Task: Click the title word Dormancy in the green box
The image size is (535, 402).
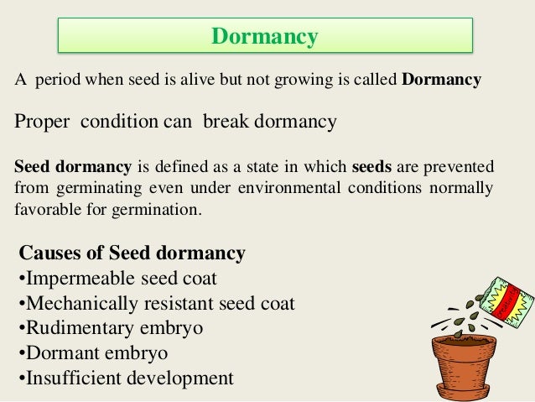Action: point(265,37)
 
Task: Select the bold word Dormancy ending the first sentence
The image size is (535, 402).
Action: point(442,81)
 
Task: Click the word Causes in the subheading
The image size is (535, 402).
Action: point(50,253)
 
